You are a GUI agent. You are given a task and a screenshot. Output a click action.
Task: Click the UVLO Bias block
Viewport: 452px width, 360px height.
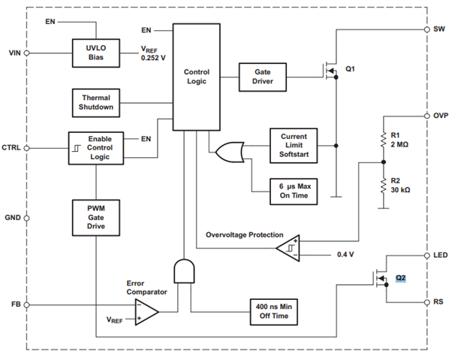pos(95,53)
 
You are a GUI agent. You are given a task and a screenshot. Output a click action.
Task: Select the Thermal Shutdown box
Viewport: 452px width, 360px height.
pos(95,103)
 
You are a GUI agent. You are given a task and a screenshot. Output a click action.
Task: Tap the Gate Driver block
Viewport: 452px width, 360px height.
pos(263,77)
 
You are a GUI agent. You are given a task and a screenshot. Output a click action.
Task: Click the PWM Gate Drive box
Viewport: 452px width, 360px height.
pos(95,218)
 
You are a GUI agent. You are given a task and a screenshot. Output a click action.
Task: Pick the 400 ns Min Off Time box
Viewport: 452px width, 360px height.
pos(273,312)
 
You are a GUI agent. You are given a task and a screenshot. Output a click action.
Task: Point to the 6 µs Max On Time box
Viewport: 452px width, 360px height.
pos(294,192)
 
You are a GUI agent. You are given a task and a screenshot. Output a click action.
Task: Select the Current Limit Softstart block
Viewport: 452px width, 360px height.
pos(294,146)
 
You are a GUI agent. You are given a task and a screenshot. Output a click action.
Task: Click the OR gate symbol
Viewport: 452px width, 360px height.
pos(230,152)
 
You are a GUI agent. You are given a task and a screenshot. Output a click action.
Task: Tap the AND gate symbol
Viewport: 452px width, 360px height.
pos(184,271)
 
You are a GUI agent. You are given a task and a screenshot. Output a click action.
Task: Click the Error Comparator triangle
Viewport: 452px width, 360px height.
pos(146,312)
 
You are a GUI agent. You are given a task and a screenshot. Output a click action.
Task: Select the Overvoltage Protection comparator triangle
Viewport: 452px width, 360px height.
pos(288,248)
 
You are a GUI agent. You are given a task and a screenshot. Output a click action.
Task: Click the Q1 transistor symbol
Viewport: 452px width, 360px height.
pos(330,70)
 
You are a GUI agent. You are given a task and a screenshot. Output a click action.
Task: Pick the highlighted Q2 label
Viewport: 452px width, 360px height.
pos(401,278)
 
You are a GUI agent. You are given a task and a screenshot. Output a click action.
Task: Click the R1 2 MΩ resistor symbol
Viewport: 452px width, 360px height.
pos(384,141)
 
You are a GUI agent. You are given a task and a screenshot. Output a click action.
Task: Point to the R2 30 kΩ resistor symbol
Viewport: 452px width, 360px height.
pos(384,186)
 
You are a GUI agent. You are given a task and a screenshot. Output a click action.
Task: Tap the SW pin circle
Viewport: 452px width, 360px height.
pos(427,29)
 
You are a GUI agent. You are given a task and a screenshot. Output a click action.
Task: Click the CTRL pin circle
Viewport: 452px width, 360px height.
pos(26,148)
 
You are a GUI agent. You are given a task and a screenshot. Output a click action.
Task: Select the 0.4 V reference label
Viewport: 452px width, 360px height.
pos(345,255)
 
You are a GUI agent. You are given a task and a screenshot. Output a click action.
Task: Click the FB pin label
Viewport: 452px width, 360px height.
pos(17,304)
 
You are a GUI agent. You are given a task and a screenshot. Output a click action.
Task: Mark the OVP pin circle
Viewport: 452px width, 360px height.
pos(427,116)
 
